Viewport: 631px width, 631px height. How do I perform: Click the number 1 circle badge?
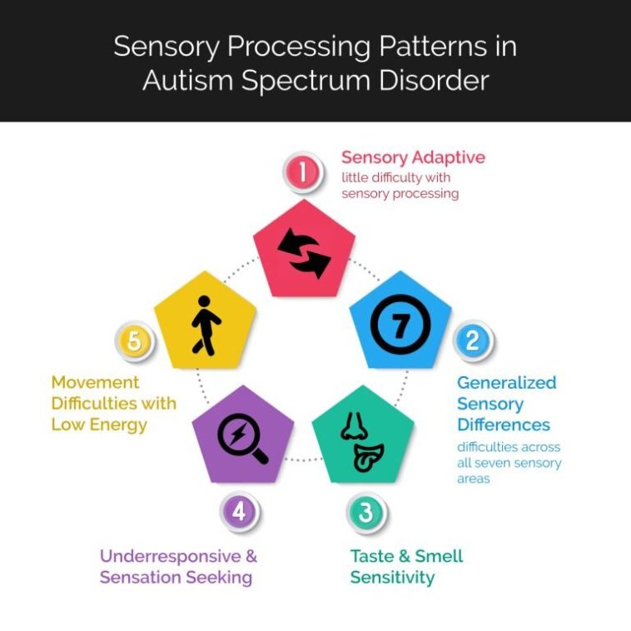click(x=303, y=172)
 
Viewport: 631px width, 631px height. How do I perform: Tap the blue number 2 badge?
click(x=472, y=340)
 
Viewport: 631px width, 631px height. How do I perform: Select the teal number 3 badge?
click(x=365, y=512)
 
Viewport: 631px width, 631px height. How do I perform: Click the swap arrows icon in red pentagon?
click(x=304, y=252)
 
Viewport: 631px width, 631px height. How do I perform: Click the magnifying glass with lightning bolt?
click(x=241, y=437)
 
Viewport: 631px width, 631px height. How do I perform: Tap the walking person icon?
click(x=204, y=325)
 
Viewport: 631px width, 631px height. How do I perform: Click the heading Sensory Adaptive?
click(x=413, y=157)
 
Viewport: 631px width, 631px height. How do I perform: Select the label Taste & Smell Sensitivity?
click(x=406, y=566)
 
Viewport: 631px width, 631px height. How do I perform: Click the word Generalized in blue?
click(x=506, y=383)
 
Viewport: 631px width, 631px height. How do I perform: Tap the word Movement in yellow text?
click(x=96, y=382)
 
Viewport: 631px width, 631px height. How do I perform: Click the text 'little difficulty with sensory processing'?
click(x=400, y=185)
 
